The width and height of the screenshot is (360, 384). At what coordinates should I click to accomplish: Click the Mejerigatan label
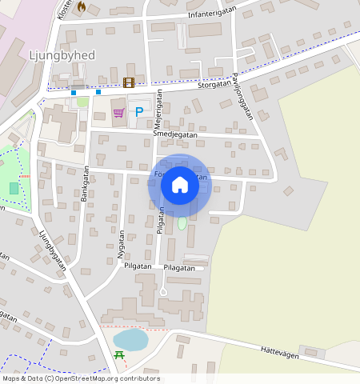158,112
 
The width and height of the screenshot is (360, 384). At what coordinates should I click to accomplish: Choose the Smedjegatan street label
174,135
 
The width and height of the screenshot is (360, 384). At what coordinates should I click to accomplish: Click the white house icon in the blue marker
180,185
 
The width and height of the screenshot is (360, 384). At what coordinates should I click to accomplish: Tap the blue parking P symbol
139,113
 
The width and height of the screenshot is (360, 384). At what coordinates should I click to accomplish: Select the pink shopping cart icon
118,113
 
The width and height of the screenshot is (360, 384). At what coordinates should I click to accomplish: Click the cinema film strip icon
129,82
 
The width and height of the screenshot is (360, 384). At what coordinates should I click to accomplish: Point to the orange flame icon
81,6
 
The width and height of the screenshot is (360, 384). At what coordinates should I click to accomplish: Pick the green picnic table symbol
119,354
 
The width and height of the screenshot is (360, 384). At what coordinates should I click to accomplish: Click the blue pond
130,339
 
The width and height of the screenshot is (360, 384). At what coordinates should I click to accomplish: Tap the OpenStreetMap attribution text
80,378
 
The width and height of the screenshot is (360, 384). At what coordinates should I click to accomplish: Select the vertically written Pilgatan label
161,220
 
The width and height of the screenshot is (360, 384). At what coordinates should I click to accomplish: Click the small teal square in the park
14,188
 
